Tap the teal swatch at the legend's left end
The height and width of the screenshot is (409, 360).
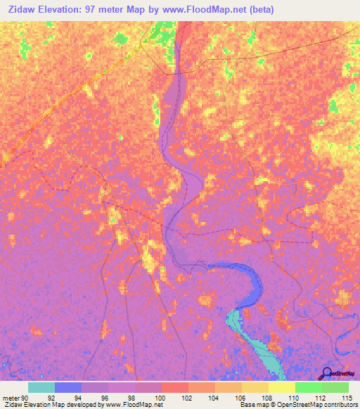pos(41,387)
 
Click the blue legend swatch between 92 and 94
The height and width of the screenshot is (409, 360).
pos(68,387)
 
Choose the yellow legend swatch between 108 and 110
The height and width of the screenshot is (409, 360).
pos(282,387)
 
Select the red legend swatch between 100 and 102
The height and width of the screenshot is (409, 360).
pos(175,387)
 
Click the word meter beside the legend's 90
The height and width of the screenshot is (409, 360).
pos(12,397)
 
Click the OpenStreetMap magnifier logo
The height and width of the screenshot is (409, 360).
pos(326,374)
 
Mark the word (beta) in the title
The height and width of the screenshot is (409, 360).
pos(258,10)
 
